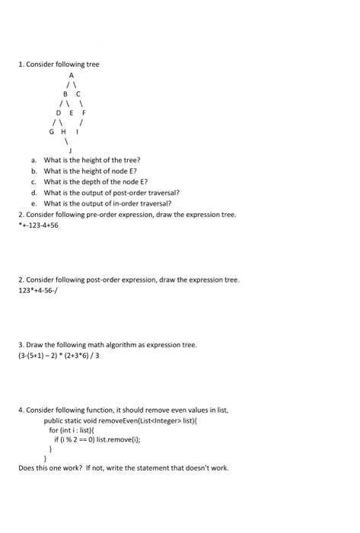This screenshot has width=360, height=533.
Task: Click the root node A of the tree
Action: tap(73, 76)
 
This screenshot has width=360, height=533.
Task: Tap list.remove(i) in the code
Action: tap(116, 439)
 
